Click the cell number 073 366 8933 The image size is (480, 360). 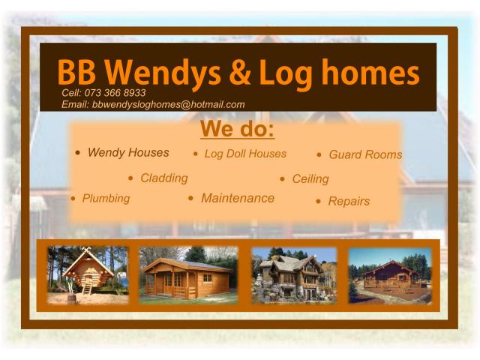(x=115, y=93)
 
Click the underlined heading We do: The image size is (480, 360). (x=237, y=130)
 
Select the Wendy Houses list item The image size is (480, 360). (x=128, y=152)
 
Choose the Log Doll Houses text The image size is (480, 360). (x=245, y=154)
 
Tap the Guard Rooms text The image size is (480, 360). (x=365, y=155)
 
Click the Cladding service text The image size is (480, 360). (x=164, y=178)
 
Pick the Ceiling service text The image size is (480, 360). (x=310, y=179)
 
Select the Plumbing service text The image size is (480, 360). (x=106, y=199)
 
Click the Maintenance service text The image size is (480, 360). (x=238, y=199)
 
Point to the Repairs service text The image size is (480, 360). (x=349, y=202)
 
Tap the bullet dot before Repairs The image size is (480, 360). (x=319, y=202)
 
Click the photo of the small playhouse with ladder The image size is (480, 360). (x=88, y=275)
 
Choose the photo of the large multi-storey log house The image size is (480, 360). (x=293, y=275)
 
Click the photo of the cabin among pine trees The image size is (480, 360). (x=390, y=275)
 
